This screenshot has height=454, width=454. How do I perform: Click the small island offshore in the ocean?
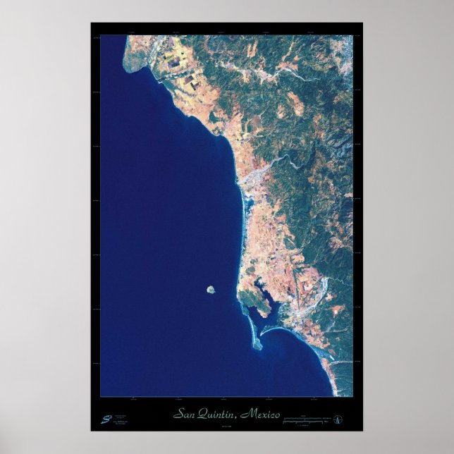tap(210, 289)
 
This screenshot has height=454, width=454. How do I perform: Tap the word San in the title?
tap(185, 414)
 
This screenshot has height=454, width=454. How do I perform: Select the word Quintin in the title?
tap(216, 414)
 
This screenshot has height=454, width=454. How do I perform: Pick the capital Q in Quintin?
tap(202, 414)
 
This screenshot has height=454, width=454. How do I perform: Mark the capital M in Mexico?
tap(245, 414)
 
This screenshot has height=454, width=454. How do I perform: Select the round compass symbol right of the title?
tap(338, 420)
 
